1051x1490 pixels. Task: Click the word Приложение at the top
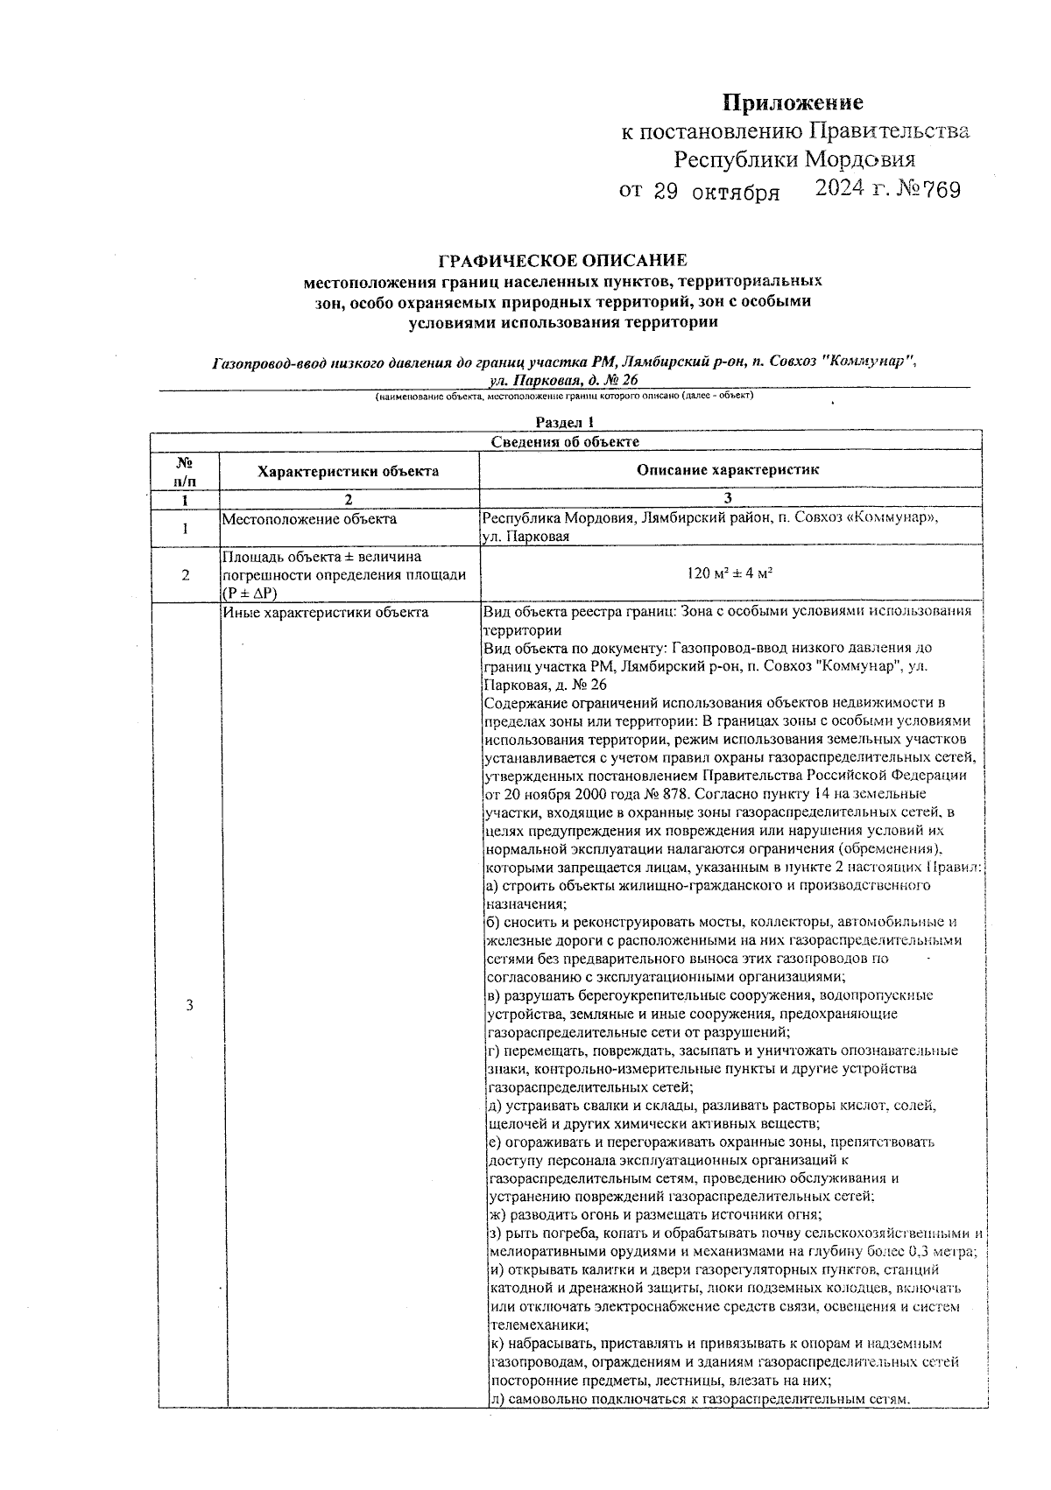pyautogui.click(x=792, y=103)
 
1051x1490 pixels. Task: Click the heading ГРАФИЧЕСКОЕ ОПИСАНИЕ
pyautogui.click(x=562, y=260)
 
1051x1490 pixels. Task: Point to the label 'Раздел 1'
pyautogui.click(x=565, y=423)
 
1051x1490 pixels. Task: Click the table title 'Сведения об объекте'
pyautogui.click(x=564, y=442)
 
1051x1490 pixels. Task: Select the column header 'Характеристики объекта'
pyautogui.click(x=348, y=471)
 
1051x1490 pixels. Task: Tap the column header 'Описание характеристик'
pyautogui.click(x=728, y=470)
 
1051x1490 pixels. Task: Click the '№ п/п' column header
pyautogui.click(x=185, y=470)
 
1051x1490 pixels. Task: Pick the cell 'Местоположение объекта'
pyautogui.click(x=308, y=519)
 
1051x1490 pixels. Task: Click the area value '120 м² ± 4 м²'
pyautogui.click(x=729, y=574)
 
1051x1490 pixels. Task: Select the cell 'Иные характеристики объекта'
pyautogui.click(x=325, y=613)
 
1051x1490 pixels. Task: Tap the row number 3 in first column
pyautogui.click(x=189, y=1004)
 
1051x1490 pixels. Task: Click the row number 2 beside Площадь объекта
pyautogui.click(x=185, y=574)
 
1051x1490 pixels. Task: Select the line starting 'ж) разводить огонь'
pyautogui.click(x=652, y=1214)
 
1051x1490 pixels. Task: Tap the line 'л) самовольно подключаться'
pyautogui.click(x=698, y=1398)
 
